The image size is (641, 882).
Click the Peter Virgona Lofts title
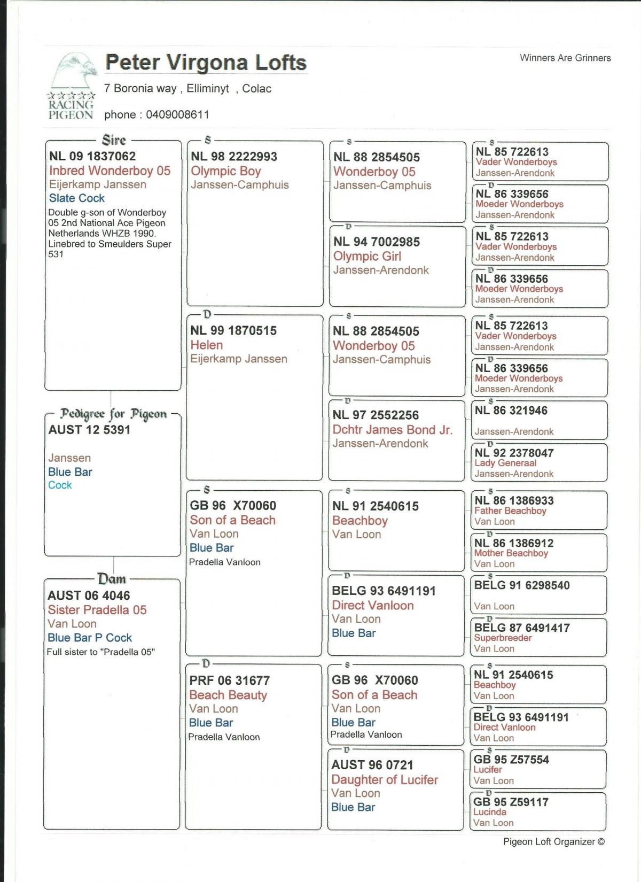click(x=206, y=63)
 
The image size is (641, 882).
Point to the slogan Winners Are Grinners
click(x=565, y=58)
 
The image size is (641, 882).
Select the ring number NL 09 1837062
click(x=92, y=156)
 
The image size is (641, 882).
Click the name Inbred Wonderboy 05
click(x=110, y=171)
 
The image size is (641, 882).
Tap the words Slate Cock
click(x=77, y=198)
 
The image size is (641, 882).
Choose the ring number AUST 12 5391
click(x=89, y=430)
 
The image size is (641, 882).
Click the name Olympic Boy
click(x=226, y=171)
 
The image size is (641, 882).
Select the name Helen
click(x=207, y=345)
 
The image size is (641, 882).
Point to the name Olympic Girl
click(x=367, y=256)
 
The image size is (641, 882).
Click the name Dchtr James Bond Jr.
click(x=392, y=429)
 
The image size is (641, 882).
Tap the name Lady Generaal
click(x=505, y=463)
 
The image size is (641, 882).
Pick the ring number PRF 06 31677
click(x=229, y=680)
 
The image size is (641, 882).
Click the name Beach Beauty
click(x=228, y=695)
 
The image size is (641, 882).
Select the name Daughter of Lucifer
click(x=385, y=779)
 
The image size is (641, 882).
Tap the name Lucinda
click(x=489, y=812)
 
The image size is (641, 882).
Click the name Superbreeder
click(x=503, y=638)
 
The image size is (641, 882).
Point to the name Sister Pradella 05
click(x=97, y=610)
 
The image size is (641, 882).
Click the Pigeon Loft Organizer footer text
click(x=553, y=841)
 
